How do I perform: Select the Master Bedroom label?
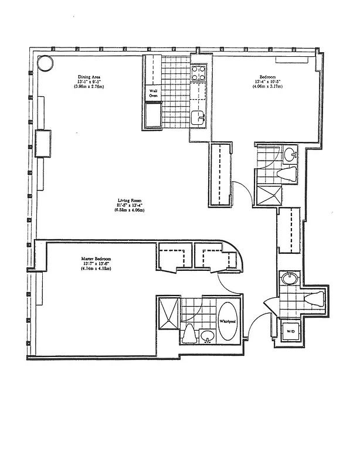(x=96, y=259)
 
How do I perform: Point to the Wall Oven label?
(x=153, y=93)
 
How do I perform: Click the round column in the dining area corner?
(x=45, y=63)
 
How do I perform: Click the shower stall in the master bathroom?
(x=167, y=317)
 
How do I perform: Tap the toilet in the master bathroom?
(x=189, y=335)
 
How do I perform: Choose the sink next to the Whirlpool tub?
(x=207, y=337)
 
